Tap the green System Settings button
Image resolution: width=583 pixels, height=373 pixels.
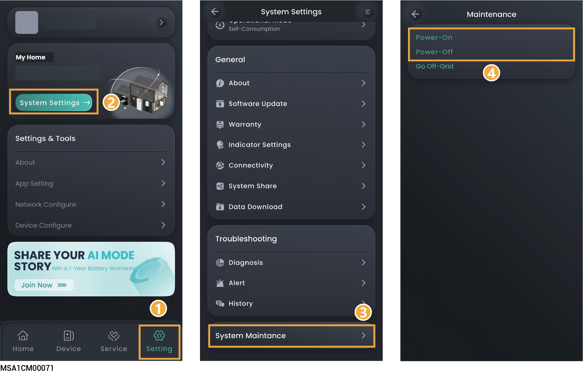coord(54,102)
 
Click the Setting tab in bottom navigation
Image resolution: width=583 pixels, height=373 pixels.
coord(159,342)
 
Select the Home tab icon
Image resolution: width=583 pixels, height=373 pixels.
coord(23,335)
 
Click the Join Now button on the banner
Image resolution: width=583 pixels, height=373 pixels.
coord(44,285)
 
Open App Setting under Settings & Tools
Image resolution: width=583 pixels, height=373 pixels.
coord(91,183)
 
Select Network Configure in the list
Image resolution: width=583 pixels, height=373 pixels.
coord(91,204)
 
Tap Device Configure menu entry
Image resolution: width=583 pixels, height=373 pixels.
coord(91,225)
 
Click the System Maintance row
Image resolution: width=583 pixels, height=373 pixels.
coord(291,336)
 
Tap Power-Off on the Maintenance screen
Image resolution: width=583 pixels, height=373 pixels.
coord(434,52)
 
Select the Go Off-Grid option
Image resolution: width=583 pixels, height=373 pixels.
coord(434,66)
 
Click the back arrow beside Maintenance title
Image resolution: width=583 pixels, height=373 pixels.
coord(415,14)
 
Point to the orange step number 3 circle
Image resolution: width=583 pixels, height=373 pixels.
coord(363,312)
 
